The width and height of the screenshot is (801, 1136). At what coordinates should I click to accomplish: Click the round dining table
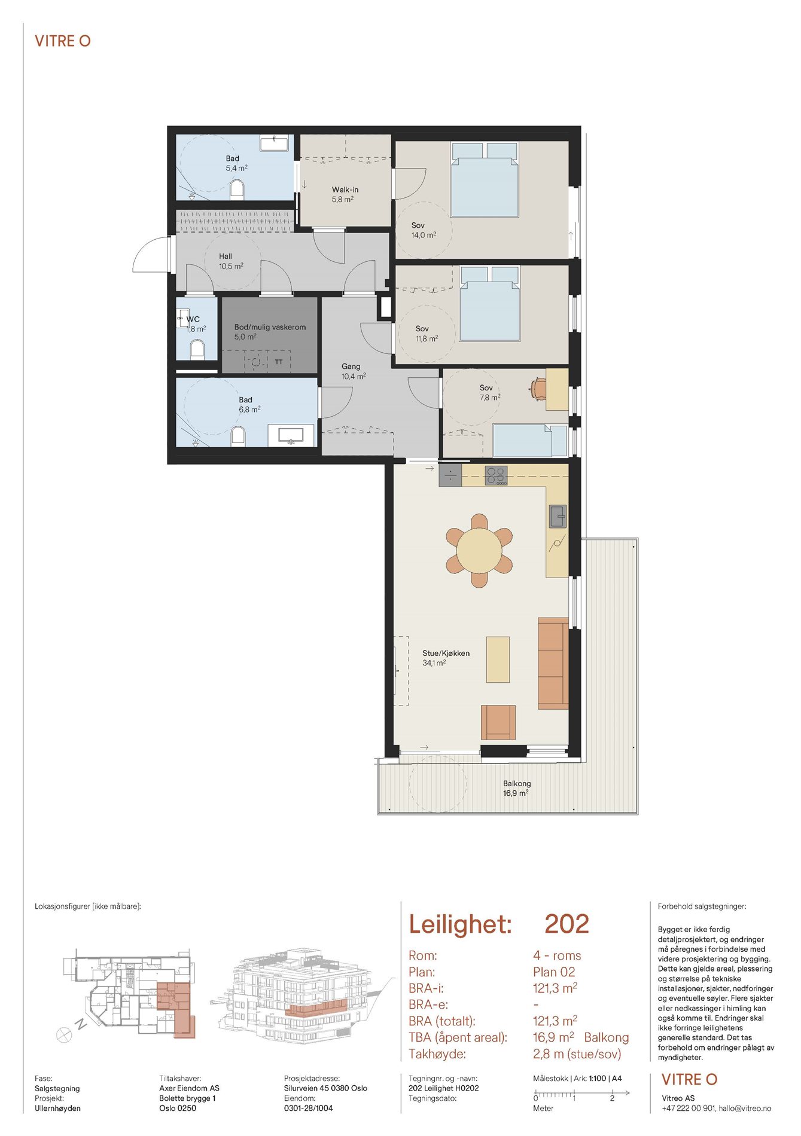pyautogui.click(x=479, y=551)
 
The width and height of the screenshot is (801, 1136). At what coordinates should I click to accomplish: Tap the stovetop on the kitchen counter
pyautogui.click(x=496, y=475)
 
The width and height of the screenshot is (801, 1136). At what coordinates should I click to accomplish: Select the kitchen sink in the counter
pyautogui.click(x=558, y=517)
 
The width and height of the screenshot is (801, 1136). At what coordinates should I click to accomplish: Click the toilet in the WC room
pyautogui.click(x=197, y=349)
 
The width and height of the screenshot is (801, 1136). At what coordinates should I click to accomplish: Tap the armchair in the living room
pyautogui.click(x=498, y=722)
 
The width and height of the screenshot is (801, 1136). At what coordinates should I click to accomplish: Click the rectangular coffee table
pyautogui.click(x=498, y=659)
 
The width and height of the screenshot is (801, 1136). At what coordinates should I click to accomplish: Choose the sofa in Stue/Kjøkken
pyautogui.click(x=553, y=663)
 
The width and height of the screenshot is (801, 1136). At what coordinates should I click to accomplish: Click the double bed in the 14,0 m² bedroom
pyautogui.click(x=485, y=179)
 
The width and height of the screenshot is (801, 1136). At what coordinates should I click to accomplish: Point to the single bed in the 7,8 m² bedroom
pyautogui.click(x=529, y=441)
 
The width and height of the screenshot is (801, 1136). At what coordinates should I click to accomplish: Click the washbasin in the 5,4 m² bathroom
pyautogui.click(x=274, y=143)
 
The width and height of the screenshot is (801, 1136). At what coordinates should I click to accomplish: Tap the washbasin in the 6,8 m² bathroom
pyautogui.click(x=291, y=435)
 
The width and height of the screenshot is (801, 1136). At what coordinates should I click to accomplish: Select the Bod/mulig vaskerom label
pyautogui.click(x=270, y=327)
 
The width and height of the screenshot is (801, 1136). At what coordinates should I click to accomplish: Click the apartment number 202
pyautogui.click(x=567, y=924)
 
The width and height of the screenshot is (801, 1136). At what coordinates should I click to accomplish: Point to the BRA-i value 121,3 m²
pyautogui.click(x=555, y=988)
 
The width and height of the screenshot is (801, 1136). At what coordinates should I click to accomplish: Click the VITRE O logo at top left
pyautogui.click(x=63, y=41)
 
